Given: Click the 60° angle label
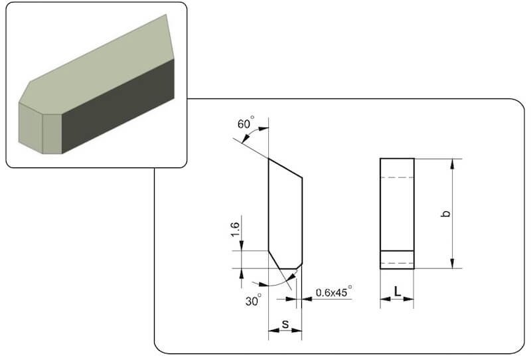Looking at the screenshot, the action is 246,123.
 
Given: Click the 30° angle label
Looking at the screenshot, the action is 254,300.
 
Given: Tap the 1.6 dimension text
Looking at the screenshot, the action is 236,230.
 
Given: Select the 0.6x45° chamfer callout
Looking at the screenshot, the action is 334,292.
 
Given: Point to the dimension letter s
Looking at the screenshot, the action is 285,324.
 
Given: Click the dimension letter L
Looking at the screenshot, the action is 397,291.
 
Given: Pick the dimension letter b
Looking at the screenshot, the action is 447,213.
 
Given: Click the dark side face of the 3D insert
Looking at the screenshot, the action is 118,106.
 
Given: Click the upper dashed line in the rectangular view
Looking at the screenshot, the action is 397,177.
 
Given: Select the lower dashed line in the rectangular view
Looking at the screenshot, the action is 397,263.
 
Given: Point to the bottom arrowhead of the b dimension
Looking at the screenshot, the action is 453,264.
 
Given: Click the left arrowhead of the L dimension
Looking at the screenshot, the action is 385,299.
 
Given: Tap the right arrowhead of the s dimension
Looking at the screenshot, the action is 297,330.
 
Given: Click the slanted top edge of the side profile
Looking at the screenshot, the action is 285,168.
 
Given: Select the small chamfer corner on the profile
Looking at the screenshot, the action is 299,266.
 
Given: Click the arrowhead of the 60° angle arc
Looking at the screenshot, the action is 264,128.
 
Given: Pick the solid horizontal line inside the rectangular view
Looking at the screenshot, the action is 397,251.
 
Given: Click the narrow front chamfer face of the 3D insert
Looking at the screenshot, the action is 52,134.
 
